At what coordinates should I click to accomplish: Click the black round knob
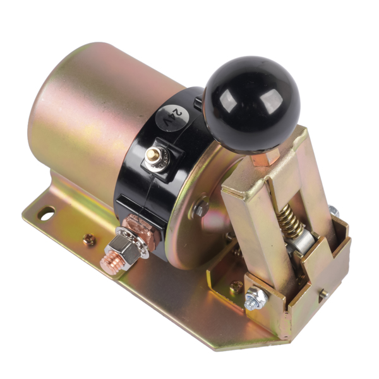pyautogui.click(x=251, y=104)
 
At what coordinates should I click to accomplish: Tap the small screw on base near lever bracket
pyautogui.click(x=236, y=287)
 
